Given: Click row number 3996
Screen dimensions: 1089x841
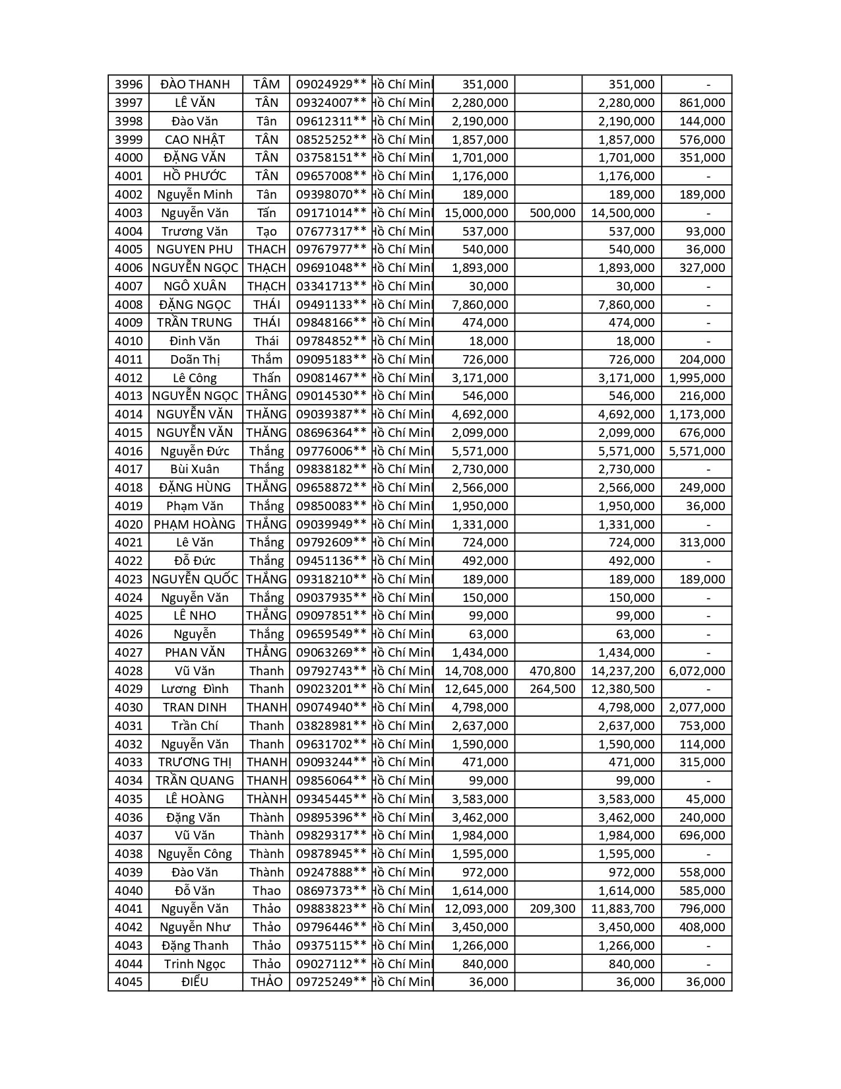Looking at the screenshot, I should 129,84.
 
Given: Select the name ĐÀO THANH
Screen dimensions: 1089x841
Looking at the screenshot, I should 195,84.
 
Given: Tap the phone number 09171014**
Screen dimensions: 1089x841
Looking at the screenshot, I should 330,213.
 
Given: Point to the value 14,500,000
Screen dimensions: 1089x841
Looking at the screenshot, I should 623,213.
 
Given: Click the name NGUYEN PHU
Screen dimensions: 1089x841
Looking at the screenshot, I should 195,249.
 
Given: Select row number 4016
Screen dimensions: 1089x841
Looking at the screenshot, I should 129,451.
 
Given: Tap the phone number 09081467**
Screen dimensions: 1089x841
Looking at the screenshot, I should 330,378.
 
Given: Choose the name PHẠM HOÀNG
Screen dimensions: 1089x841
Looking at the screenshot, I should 195,525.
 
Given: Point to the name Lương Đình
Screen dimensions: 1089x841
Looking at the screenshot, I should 195,689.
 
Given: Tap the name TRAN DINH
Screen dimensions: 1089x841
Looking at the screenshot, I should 195,708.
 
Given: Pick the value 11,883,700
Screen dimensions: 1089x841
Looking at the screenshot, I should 623,909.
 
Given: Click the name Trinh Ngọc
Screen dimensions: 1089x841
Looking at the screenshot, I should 195,964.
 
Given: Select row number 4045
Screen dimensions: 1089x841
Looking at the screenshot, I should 129,982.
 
